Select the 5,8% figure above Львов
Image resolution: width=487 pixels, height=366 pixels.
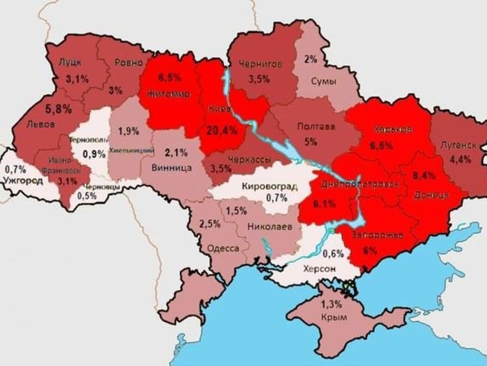click(x=58, y=109)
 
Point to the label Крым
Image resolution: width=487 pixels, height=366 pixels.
click(x=334, y=317)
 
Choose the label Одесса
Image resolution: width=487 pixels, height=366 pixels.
click(x=223, y=248)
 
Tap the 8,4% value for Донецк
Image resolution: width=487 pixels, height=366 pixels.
click(x=424, y=175)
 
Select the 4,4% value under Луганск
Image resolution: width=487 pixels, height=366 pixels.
click(x=460, y=159)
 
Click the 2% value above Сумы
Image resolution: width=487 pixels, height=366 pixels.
click(x=311, y=59)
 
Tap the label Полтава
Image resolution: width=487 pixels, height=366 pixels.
click(x=316, y=126)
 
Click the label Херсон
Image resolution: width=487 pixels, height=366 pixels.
click(x=320, y=269)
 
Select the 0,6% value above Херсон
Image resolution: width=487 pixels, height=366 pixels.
click(x=333, y=254)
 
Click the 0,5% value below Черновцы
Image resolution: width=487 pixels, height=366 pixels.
click(x=87, y=196)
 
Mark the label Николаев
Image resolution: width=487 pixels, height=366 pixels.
click(x=269, y=226)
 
